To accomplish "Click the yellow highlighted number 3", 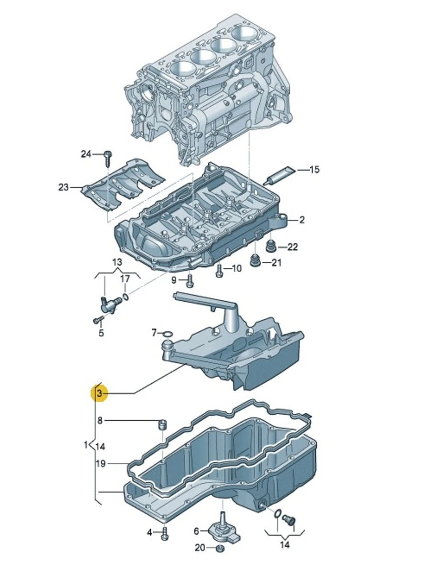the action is (99, 393).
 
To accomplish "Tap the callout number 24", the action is (86, 154).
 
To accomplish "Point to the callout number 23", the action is (63, 187).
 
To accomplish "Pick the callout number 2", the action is (302, 220).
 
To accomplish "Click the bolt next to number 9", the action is (190, 281).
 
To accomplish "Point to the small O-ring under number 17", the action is (126, 296).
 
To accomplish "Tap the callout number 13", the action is (117, 262).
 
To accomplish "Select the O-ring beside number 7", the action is (168, 334).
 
